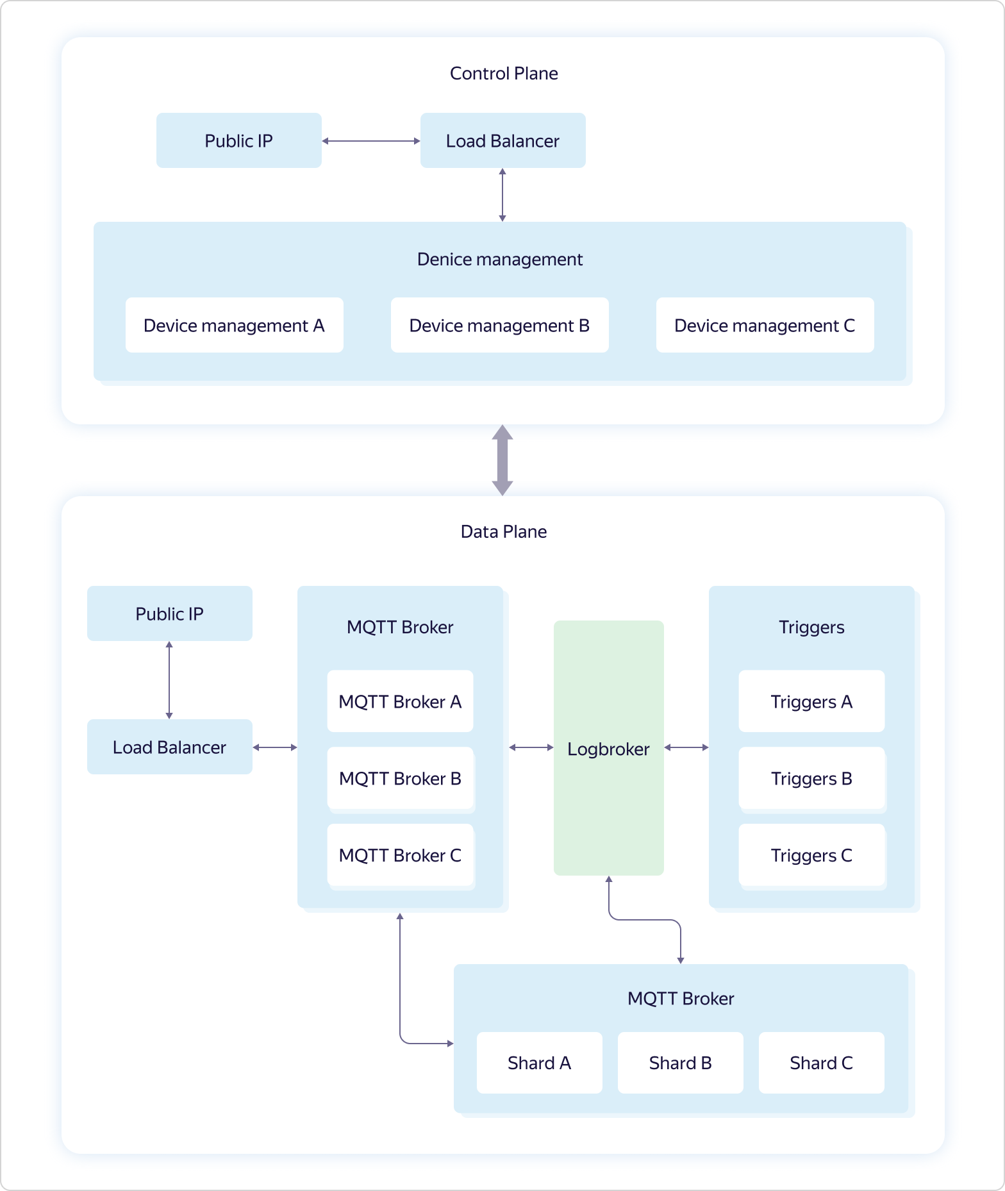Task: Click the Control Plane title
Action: click(504, 74)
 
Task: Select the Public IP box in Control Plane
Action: click(238, 141)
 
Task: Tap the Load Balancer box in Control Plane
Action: click(503, 141)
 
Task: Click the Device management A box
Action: click(234, 326)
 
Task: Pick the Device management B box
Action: click(499, 326)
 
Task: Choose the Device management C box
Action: click(765, 326)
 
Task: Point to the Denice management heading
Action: click(499, 260)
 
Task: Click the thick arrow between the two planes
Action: click(503, 460)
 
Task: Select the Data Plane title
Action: click(504, 532)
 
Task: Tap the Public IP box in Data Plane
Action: click(169, 614)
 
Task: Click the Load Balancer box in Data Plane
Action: click(169, 747)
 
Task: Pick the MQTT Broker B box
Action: click(400, 778)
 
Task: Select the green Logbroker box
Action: click(608, 748)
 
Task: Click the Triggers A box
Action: click(811, 702)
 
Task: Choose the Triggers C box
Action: click(811, 855)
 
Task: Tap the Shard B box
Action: click(680, 1063)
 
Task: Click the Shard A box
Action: click(539, 1063)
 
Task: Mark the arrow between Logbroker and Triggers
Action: click(686, 747)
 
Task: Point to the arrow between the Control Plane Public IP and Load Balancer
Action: click(370, 141)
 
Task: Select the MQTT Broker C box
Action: click(400, 855)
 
